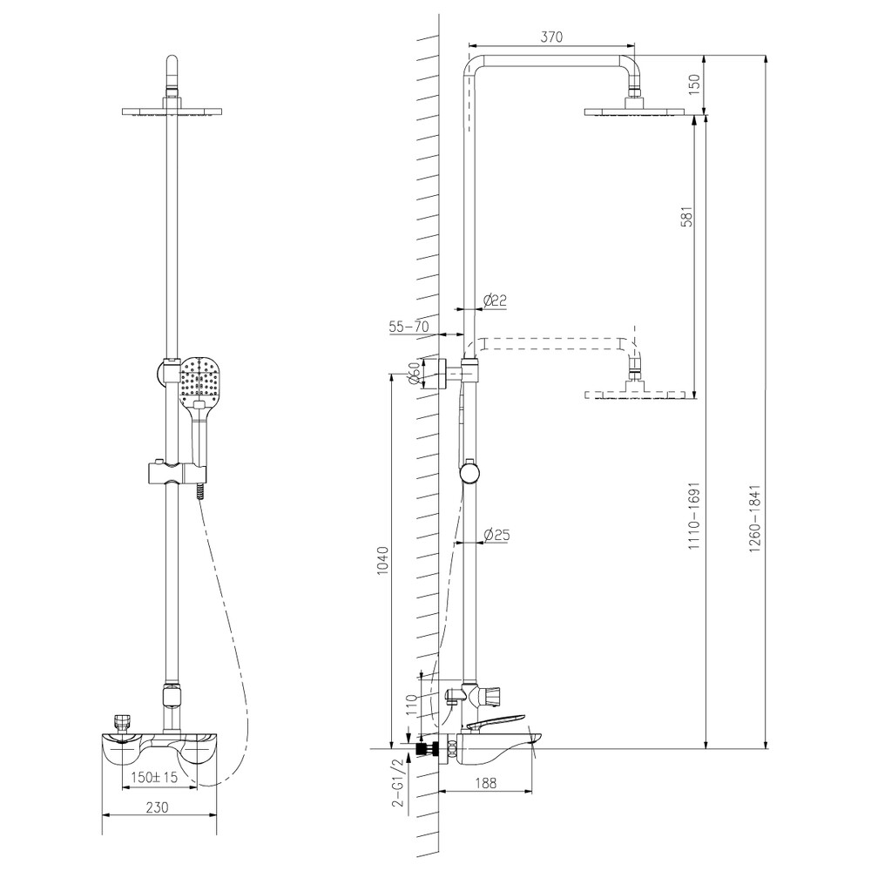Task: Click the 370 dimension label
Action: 551,37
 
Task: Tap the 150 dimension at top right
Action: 694,84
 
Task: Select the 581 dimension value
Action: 687,215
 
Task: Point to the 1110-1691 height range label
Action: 694,516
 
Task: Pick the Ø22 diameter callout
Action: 495,300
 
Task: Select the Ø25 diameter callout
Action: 496,535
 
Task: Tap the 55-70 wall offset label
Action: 408,327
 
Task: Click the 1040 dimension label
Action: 382,560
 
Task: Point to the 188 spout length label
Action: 486,783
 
